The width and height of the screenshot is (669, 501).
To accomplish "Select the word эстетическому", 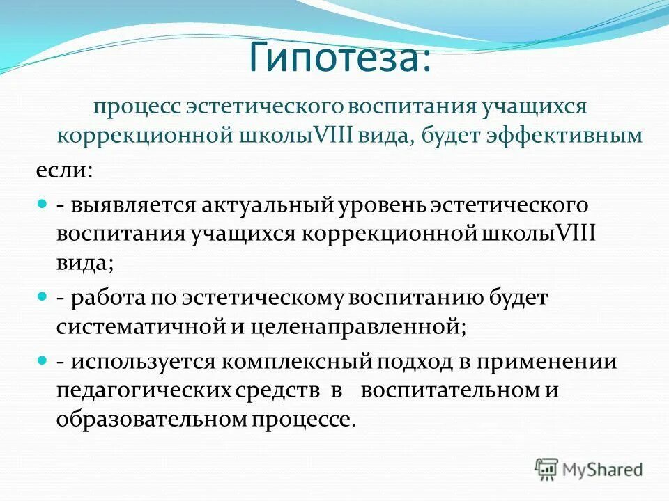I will (x=266, y=297).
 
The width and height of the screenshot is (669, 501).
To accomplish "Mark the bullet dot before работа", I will (x=41, y=297).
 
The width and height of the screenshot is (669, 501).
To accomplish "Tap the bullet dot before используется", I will (x=41, y=362).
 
